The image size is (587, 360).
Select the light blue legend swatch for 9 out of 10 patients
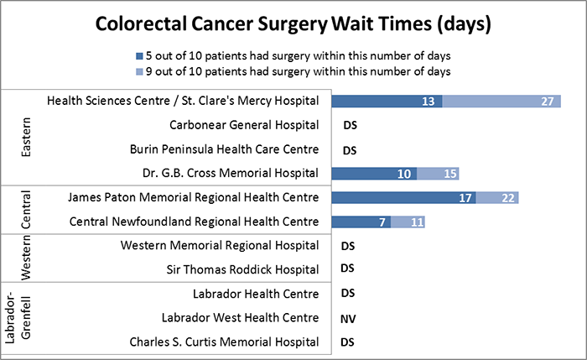pyautogui.click(x=124, y=72)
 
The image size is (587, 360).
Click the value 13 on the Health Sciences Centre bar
pyautogui.click(x=429, y=102)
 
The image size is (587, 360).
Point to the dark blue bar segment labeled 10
pyautogui.click(x=374, y=174)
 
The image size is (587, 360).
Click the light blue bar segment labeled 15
pyautogui.click(x=438, y=174)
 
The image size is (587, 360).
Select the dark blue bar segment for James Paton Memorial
pyautogui.click(x=403, y=198)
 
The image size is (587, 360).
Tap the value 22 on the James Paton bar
pyautogui.click(x=507, y=198)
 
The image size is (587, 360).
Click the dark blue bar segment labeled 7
pyautogui.click(x=361, y=222)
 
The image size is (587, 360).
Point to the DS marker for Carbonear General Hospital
pyautogui.click(x=351, y=126)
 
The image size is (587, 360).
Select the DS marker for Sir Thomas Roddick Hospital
pyautogui.click(x=351, y=269)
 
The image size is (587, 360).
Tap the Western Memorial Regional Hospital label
pyautogui.click(x=220, y=246)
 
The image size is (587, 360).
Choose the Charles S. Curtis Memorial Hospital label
pyautogui.click(x=224, y=342)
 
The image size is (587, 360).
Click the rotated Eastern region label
pyautogui.click(x=27, y=137)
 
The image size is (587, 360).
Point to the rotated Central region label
pyautogui.click(x=27, y=210)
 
